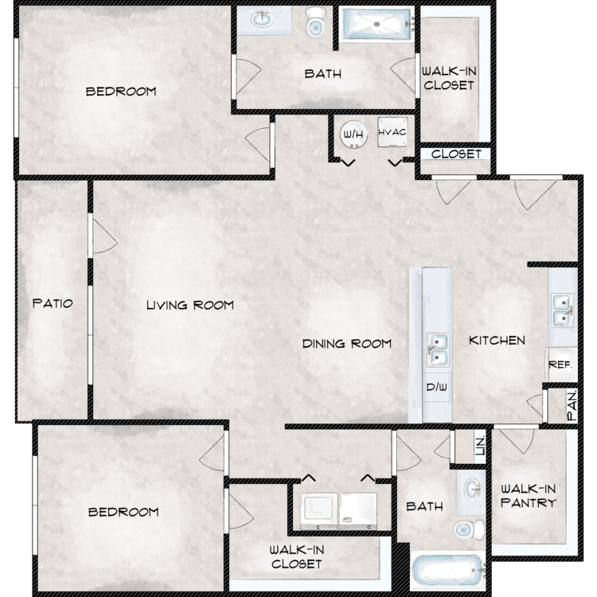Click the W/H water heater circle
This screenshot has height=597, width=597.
pos(353,134)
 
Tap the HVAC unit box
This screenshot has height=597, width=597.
pos(392,132)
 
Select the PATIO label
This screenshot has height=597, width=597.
pos(53,303)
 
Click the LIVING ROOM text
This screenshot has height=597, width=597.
pos(190,305)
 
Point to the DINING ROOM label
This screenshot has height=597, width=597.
pos(346,344)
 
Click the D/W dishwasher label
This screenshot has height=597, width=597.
pos(437,387)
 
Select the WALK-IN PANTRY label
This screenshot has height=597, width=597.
pos(529,496)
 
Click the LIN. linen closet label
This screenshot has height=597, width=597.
pos(481,446)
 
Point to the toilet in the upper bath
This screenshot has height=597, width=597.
pos(316,22)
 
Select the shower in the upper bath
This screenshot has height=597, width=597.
pos(377,24)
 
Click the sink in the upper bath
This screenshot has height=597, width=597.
pos(262,19)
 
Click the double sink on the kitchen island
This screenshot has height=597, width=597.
pos(437,349)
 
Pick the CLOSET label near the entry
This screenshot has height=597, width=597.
pos(456,154)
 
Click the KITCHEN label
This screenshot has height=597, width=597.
pos(497,341)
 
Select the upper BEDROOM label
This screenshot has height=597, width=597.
pos(121,92)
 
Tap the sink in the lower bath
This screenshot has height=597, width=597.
pos(474,489)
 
